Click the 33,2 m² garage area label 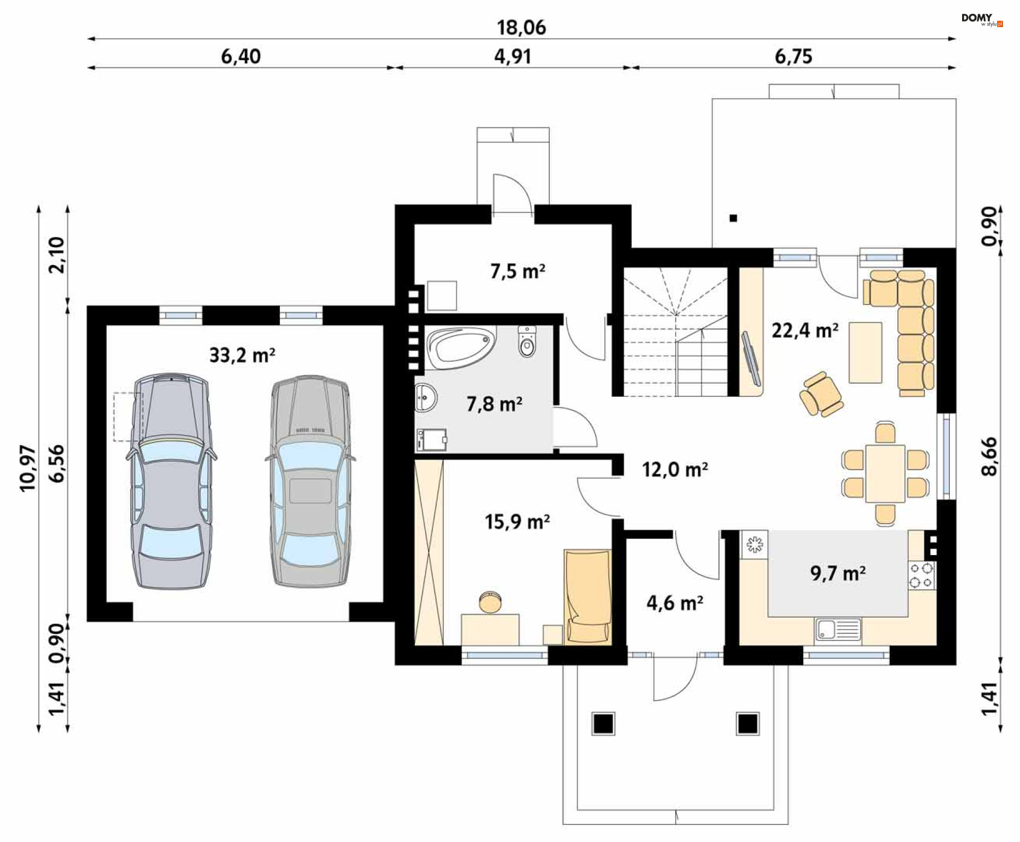[242, 354]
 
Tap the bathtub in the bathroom [460, 348]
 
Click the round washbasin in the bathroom [426, 397]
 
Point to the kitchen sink [838, 630]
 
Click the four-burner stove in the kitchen [922, 575]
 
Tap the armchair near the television [821, 394]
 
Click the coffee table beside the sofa [865, 352]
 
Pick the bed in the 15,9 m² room [588, 597]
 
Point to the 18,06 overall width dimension [521, 28]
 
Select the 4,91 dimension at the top [513, 56]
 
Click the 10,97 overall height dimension [28, 468]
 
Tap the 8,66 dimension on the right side [989, 456]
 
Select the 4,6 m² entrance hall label [675, 603]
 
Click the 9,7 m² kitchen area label [838, 573]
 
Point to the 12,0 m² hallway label [675, 470]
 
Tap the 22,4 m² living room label [805, 330]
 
